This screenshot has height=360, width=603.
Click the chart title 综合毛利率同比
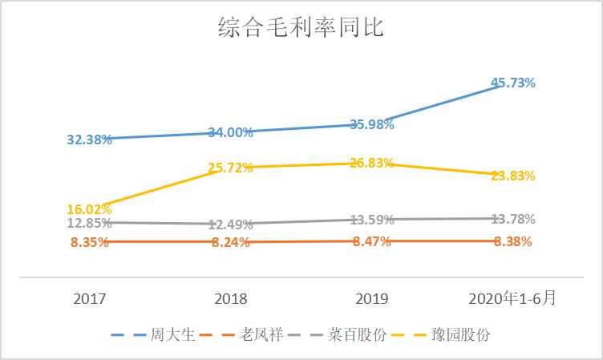[301, 29]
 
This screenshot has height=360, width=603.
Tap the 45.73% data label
[513, 83]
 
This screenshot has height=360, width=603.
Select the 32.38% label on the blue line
[89, 140]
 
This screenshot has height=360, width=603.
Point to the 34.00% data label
[231, 132]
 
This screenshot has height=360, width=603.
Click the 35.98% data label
[372, 124]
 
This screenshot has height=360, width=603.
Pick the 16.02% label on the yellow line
[89, 210]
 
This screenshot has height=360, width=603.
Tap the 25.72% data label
[231, 168]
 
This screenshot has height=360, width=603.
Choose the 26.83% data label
[372, 163]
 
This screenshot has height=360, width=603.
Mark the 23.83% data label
[513, 176]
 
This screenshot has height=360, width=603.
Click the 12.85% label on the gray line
[89, 223]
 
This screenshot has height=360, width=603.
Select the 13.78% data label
[513, 219]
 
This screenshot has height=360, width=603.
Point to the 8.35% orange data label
[89, 242]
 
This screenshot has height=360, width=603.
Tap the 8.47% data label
[372, 241]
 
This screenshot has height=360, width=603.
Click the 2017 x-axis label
[89, 299]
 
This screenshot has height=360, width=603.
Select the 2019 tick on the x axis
[372, 299]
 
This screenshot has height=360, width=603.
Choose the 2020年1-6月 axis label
[513, 299]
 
